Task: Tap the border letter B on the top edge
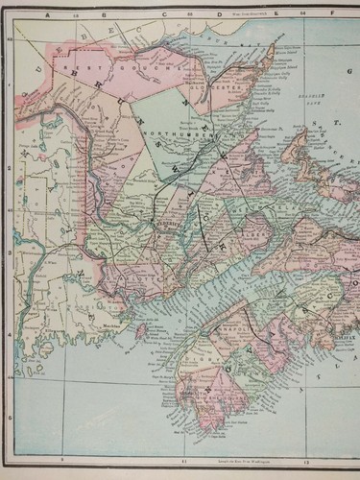coord(90,13)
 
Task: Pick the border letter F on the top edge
coord(337,13)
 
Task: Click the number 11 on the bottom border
coord(183,461)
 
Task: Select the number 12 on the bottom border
coord(308,461)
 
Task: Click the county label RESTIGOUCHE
coord(104,69)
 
